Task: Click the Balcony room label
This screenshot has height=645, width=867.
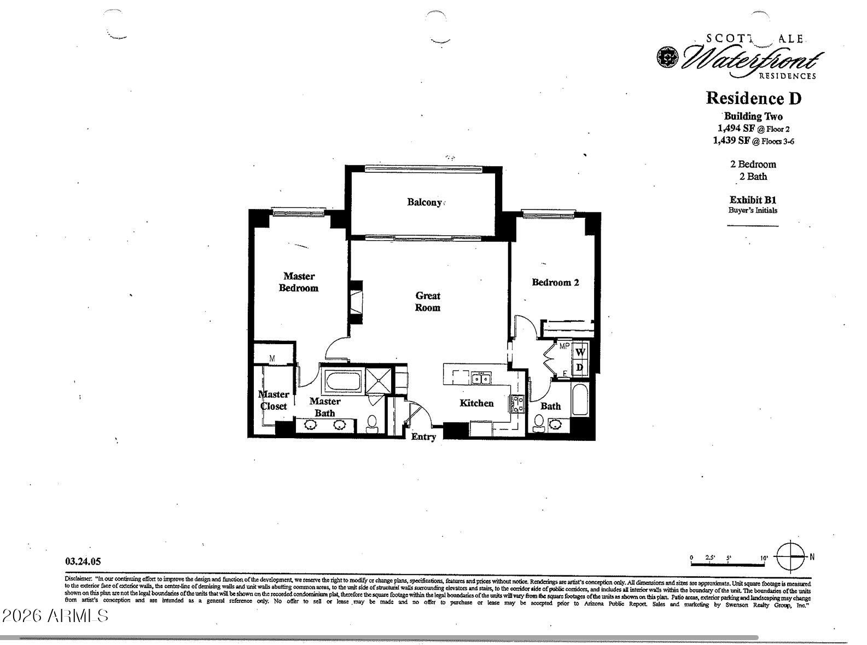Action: point(424,202)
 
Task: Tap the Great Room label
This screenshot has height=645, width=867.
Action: point(427,301)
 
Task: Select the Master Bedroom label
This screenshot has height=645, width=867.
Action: point(299,282)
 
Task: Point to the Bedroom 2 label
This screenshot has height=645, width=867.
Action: point(555,282)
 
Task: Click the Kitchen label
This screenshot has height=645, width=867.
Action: point(476,403)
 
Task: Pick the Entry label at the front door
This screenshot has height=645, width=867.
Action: point(424,437)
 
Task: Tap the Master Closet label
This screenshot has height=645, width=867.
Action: point(274,400)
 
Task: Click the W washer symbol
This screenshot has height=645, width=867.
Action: point(580,352)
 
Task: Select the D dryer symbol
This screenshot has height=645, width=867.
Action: point(580,368)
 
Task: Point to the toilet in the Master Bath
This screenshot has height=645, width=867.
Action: point(373,423)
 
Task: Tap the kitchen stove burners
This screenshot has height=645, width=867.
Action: point(517,404)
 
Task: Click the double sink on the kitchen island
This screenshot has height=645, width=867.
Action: point(481,378)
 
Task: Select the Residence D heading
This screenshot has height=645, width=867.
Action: point(753,98)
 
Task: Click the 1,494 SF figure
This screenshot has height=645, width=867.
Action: point(736,128)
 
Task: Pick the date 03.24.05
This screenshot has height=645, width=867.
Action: point(83,561)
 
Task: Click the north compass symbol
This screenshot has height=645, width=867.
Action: point(791,556)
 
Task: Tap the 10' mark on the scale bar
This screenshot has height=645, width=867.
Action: point(764,558)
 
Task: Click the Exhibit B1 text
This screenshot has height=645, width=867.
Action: point(753,200)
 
